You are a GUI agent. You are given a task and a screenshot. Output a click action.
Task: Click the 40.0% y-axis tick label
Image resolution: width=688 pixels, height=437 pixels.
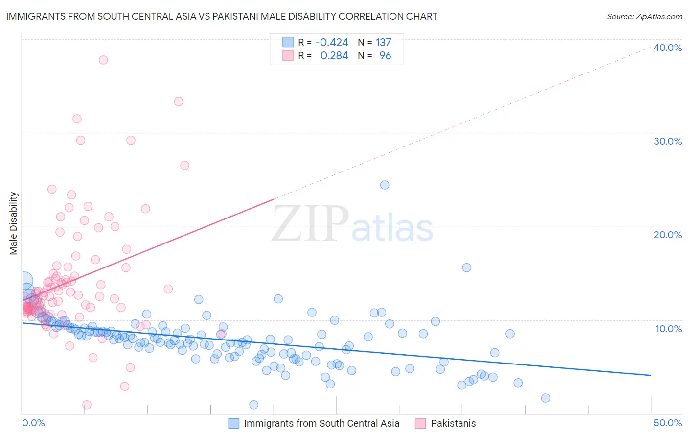click(667, 48)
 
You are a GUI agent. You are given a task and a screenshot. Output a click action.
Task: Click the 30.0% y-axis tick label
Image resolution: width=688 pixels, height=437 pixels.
click(667, 141)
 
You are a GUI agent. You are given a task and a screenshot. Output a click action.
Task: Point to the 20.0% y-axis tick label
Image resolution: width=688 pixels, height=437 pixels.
click(667, 235)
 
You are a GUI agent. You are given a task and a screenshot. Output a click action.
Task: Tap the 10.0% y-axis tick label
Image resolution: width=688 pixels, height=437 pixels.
click(668, 329)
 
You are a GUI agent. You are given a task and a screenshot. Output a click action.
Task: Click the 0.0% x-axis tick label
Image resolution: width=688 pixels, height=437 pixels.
click(33, 423)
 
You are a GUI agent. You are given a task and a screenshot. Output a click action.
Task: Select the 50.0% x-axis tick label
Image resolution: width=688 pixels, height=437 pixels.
click(667, 423)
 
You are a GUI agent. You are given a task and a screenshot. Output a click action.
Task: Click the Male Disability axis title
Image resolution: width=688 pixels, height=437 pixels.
click(14, 223)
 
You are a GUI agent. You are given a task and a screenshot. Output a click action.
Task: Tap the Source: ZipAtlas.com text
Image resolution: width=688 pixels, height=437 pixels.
click(644, 16)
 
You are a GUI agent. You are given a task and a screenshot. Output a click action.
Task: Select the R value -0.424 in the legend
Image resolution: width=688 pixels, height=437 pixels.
click(331, 43)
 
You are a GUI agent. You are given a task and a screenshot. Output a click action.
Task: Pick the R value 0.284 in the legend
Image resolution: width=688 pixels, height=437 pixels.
click(334, 56)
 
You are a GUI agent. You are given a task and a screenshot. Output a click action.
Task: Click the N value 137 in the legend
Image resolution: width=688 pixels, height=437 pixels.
click(383, 43)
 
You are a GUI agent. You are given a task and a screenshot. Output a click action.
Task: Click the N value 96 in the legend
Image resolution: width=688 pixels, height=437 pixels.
click(385, 56)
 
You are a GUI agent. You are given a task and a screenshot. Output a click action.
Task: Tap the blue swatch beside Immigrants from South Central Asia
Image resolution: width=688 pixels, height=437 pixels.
click(234, 423)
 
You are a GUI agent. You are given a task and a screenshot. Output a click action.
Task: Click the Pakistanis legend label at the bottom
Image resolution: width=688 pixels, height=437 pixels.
click(453, 423)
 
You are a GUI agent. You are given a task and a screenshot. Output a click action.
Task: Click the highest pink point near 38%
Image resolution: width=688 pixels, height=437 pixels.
click(103, 60)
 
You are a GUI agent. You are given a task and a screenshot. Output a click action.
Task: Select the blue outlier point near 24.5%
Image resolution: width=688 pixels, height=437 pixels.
click(385, 185)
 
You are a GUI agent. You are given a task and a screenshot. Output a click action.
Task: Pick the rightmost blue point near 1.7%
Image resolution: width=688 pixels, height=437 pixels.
click(546, 398)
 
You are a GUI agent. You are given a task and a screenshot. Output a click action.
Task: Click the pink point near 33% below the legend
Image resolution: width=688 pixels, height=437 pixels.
click(179, 101)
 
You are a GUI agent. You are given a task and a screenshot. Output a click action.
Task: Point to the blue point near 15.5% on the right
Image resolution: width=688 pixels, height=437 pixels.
click(467, 267)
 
